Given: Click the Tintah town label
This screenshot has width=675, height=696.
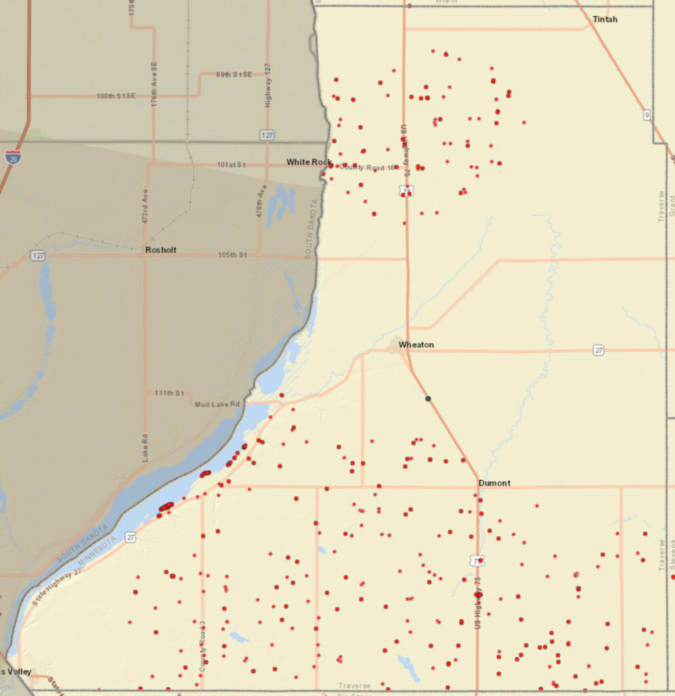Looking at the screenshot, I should pos(605,19).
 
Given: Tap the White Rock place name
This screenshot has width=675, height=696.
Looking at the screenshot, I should pos(308,162).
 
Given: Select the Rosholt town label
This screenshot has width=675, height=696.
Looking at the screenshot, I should pos(161,250).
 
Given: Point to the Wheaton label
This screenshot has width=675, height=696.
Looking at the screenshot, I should pos(416,345).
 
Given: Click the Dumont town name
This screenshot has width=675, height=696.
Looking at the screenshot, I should pos(494,483).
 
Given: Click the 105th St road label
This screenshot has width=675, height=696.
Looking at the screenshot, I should pos(232,255).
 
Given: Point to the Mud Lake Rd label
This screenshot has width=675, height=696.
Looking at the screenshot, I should pos(218,404).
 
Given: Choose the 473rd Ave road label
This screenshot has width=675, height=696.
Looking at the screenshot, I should pos(145,207).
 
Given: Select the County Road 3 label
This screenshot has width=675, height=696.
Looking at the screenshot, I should pos(203,646).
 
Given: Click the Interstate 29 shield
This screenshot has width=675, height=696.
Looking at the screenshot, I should pos(12,157).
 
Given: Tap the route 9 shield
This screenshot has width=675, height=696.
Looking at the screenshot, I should pos(647,116).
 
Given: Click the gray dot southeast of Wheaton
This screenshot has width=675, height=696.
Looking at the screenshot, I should pos(428,398).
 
